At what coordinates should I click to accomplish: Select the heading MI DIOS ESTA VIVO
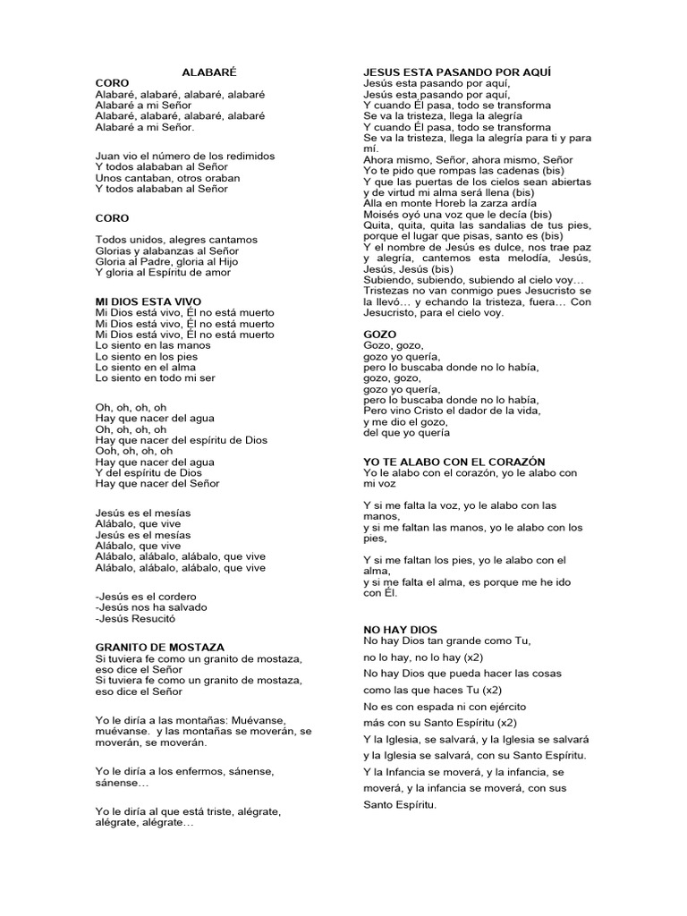click(148, 301)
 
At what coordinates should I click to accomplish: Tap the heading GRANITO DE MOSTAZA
click(160, 647)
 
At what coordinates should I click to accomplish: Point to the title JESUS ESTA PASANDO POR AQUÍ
click(456, 71)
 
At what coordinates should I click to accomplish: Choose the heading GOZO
click(380, 335)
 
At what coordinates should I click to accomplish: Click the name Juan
click(107, 156)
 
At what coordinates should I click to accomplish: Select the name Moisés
click(382, 215)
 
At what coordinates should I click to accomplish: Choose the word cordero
click(177, 597)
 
